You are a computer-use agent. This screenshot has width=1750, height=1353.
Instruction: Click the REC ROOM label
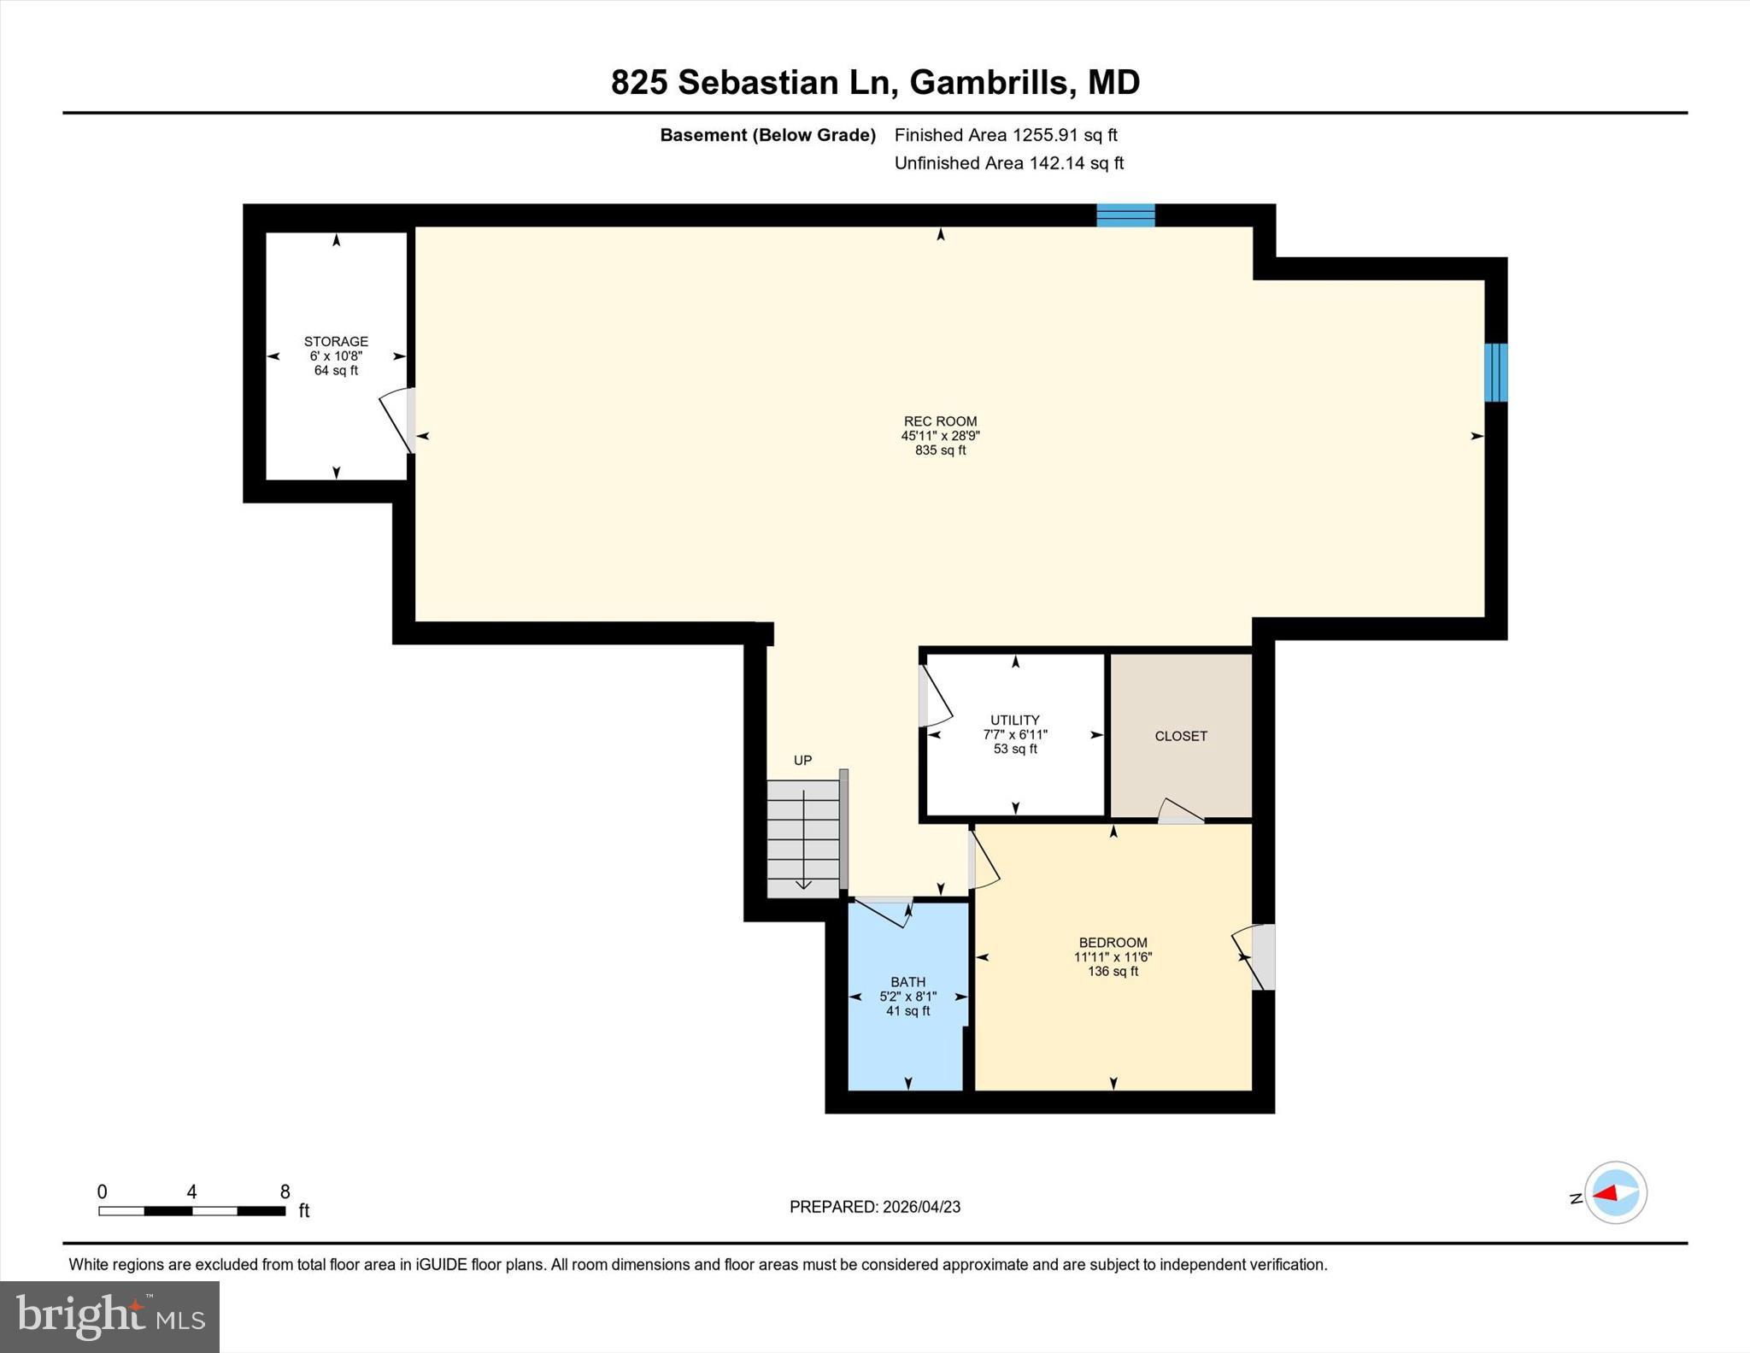pos(940,421)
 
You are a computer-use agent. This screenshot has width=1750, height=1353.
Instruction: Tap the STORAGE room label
pos(336,342)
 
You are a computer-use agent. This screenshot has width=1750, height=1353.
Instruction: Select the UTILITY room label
pos(1014,721)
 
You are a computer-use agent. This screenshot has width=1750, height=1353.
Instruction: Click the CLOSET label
pos(1180,736)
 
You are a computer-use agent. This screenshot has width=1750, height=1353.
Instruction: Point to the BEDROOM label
pos(1112,943)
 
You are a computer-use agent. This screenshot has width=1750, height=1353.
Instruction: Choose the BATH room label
pos(907,982)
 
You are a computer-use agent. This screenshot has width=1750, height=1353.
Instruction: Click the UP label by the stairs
pos(802,761)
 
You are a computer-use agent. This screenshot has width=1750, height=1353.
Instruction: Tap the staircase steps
pos(802,838)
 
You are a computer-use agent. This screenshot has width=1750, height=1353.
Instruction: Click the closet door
pos(1180,812)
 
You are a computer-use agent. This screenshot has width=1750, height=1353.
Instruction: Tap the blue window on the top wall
pos(1125,215)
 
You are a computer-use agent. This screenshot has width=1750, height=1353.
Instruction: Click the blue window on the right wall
pos(1495,372)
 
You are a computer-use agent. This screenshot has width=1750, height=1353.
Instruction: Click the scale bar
pos(191,1210)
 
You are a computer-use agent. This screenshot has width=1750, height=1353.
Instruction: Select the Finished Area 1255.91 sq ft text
pos(1005,135)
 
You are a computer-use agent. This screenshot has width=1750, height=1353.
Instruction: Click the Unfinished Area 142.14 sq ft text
pos(1008,163)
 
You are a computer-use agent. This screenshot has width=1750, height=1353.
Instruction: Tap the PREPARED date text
pos(874,1207)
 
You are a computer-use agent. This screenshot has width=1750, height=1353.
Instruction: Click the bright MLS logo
pos(109,1316)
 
